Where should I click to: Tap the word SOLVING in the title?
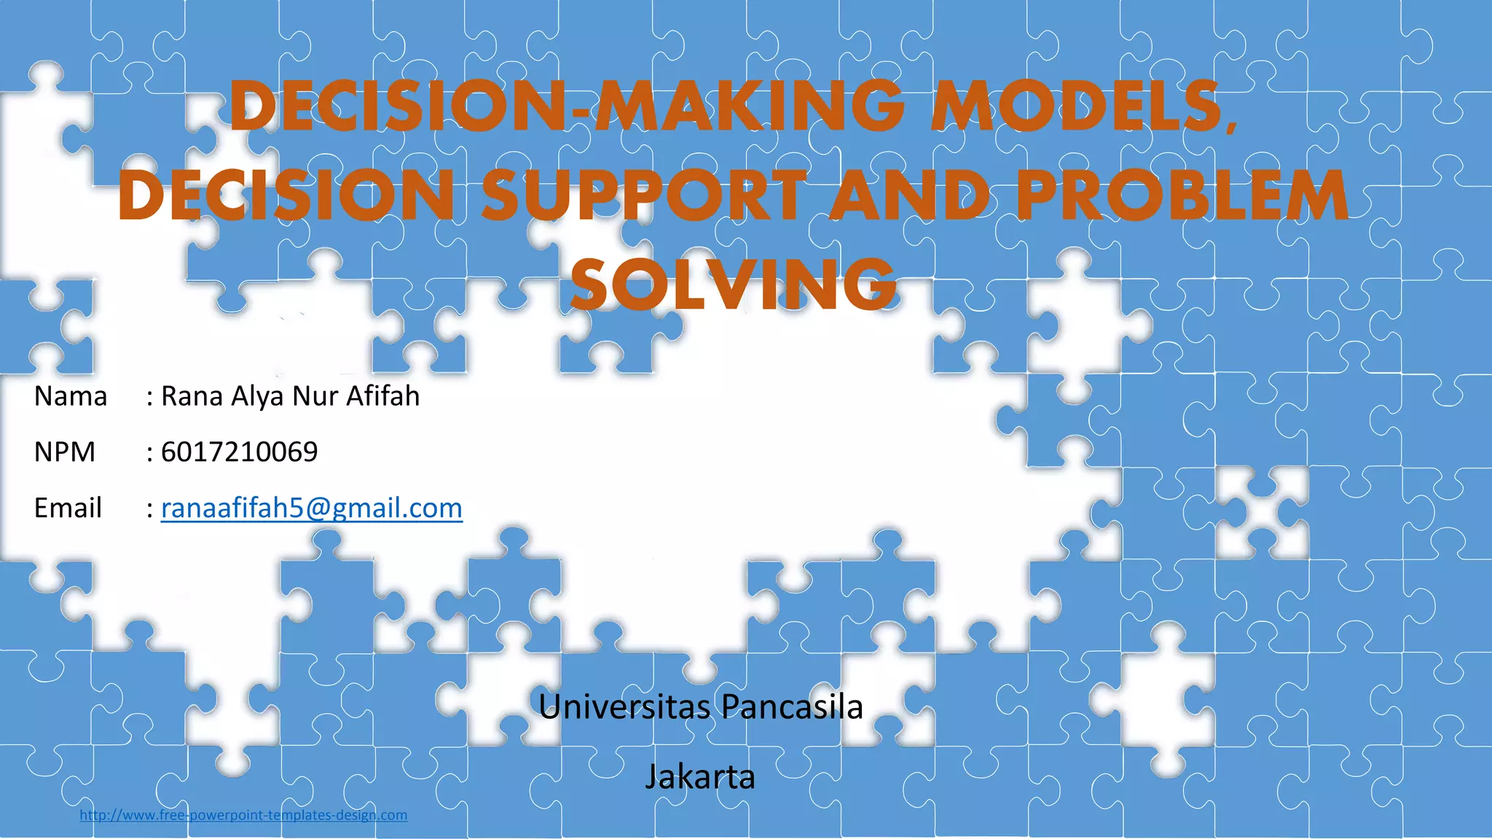tap(733, 284)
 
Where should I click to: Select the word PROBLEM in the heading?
tap(1182, 195)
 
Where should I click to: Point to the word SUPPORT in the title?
tap(644, 195)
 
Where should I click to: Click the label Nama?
tap(71, 396)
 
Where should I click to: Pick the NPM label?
tap(65, 452)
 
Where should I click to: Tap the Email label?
tap(68, 508)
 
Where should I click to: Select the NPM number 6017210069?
tap(239, 452)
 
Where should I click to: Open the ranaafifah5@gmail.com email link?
tap(311, 508)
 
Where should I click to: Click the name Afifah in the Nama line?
tap(382, 396)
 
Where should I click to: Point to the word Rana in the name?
tap(192, 396)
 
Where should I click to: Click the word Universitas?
tap(624, 706)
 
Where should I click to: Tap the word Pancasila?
tap(792, 706)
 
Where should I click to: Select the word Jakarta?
tap(700, 777)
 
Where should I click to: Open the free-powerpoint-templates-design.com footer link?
tap(243, 815)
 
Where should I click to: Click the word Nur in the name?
tap(315, 396)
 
